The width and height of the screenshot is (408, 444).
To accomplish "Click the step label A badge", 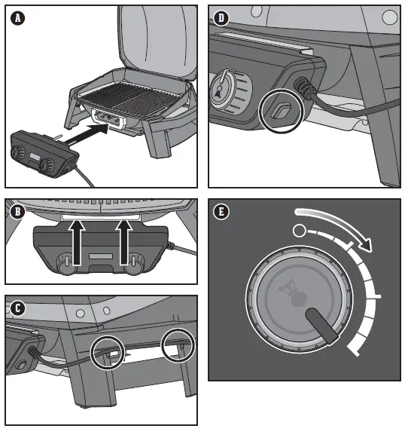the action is click(18, 18).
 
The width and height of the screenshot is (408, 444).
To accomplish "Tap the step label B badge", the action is click(17, 212).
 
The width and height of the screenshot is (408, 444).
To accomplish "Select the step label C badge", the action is click(17, 308).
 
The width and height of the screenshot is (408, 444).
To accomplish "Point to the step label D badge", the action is click(221, 18).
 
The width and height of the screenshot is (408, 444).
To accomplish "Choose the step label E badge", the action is click(221, 212).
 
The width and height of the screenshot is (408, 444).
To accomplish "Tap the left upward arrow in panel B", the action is click(76, 243).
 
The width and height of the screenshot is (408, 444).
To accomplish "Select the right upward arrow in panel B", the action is click(124, 243).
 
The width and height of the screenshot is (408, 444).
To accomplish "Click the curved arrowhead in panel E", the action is click(366, 244).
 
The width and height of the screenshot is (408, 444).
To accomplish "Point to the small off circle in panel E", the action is click(299, 231).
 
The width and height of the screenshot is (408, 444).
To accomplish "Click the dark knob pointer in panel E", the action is click(322, 326).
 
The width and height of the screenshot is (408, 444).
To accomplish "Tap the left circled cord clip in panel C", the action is click(108, 353).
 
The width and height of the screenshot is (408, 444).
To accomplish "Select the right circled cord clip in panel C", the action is click(178, 345).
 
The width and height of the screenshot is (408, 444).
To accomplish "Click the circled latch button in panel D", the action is click(280, 111).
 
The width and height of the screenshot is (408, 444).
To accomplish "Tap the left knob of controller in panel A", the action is click(18, 152).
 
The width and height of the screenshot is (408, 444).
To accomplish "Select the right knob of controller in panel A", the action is click(47, 164).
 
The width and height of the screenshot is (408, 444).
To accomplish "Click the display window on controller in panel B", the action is click(101, 256).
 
